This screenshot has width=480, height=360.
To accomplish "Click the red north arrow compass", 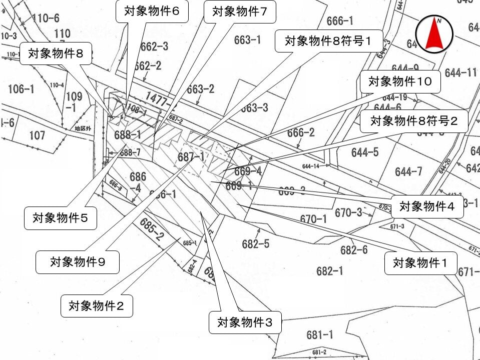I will pyautogui.click(x=434, y=34).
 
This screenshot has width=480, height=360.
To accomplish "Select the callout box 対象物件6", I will pyautogui.click(x=152, y=11).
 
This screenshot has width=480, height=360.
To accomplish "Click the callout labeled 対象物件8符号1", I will pyautogui.click(x=329, y=40).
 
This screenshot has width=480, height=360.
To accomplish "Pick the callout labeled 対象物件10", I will pyautogui.click(x=400, y=81).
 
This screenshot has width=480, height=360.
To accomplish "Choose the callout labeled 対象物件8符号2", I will pyautogui.click(x=413, y=121).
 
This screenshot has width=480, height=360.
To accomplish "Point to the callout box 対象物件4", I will pyautogui.click(x=427, y=206).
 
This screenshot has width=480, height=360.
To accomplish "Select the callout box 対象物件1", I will pyautogui.click(x=420, y=263).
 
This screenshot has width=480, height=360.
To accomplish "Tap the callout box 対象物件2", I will pyautogui.click(x=97, y=305).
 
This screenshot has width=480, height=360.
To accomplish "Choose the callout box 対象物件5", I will pyautogui.click(x=61, y=218).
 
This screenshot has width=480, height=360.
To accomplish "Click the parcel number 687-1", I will pyautogui.click(x=191, y=157).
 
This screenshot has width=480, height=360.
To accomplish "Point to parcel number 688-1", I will pyautogui.click(x=127, y=134).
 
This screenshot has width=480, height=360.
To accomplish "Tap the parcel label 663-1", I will pyautogui.click(x=247, y=39).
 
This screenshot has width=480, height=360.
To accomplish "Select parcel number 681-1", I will pyautogui.click(x=320, y=334).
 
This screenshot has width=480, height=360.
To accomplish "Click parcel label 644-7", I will pyautogui.click(x=408, y=172).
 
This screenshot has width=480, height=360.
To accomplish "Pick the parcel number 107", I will pyautogui.click(x=37, y=135).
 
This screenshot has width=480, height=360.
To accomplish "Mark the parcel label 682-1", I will pyautogui.click(x=330, y=270).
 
